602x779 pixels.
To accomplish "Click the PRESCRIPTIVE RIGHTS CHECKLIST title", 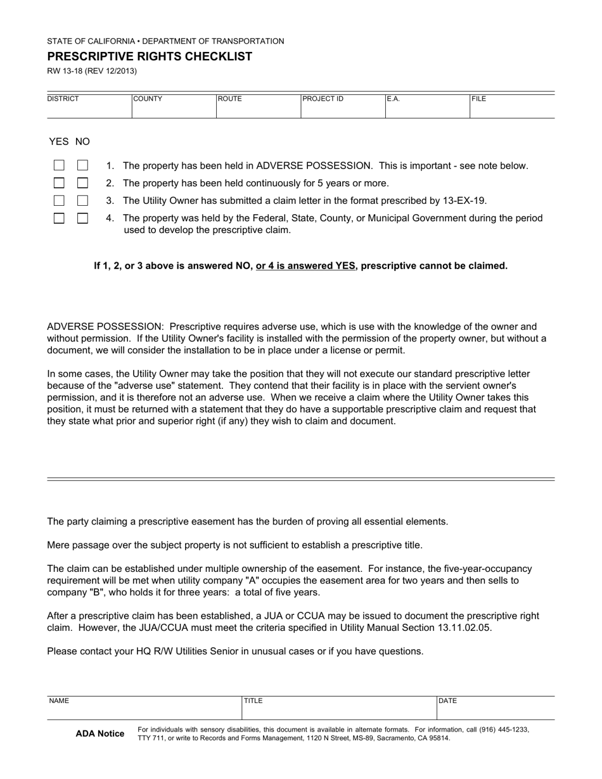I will tap(150, 56).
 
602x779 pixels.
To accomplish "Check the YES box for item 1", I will tap(59, 165).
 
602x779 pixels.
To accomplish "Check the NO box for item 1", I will tap(82, 165).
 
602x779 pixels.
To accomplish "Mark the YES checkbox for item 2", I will tap(59, 183).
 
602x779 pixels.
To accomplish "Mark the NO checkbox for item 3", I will tap(82, 201).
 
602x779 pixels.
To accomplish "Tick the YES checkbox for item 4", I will tap(59, 218).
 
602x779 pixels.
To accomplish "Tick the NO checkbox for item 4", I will tap(82, 218).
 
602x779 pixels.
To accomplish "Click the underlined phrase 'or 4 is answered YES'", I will tap(305, 266).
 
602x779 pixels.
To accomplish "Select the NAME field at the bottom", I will tap(144, 709).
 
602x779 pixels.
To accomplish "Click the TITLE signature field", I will tap(339, 709).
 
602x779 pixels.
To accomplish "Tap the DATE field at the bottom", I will tap(496, 709).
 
